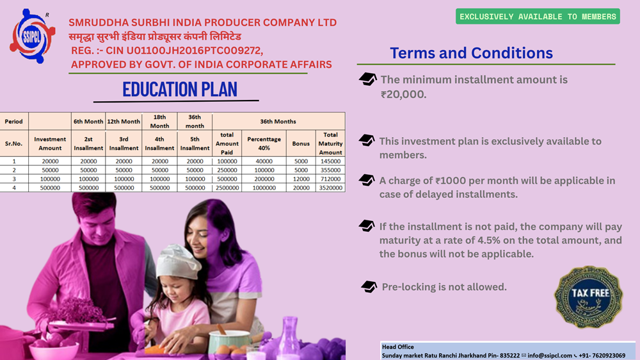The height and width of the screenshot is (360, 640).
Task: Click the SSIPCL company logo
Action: point(32,36)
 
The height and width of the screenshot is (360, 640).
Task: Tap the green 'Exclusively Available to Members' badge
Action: point(538,17)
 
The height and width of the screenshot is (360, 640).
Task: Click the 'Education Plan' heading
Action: point(180,90)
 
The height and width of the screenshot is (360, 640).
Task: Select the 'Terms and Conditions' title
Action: point(471,53)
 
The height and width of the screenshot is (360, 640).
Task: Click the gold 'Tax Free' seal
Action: point(589,297)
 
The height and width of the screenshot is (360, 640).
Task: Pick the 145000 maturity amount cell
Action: point(331,161)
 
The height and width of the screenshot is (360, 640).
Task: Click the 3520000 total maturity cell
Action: point(331,188)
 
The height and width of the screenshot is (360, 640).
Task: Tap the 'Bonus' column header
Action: point(301,143)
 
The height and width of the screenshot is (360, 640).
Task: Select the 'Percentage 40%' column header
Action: point(264,143)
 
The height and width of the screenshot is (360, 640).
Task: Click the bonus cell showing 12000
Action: point(301,179)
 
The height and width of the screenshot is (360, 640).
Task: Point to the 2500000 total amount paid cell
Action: point(227,188)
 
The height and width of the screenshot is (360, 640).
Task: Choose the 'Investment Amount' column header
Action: point(50,143)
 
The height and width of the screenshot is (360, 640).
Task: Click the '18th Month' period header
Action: point(159,121)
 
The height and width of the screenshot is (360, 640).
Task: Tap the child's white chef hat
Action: point(178,261)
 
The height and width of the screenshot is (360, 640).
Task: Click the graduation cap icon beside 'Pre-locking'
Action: point(369,286)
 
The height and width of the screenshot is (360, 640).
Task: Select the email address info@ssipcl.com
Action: point(549,356)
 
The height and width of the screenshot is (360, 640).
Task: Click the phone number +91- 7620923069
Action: point(602,356)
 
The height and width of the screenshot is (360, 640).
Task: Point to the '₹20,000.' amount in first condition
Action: point(403,94)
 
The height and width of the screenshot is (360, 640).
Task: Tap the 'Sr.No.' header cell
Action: point(14,143)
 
